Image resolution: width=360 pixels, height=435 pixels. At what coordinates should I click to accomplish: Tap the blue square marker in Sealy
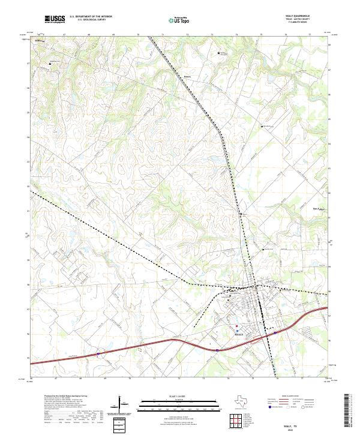pyautogui.click(x=237, y=331)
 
